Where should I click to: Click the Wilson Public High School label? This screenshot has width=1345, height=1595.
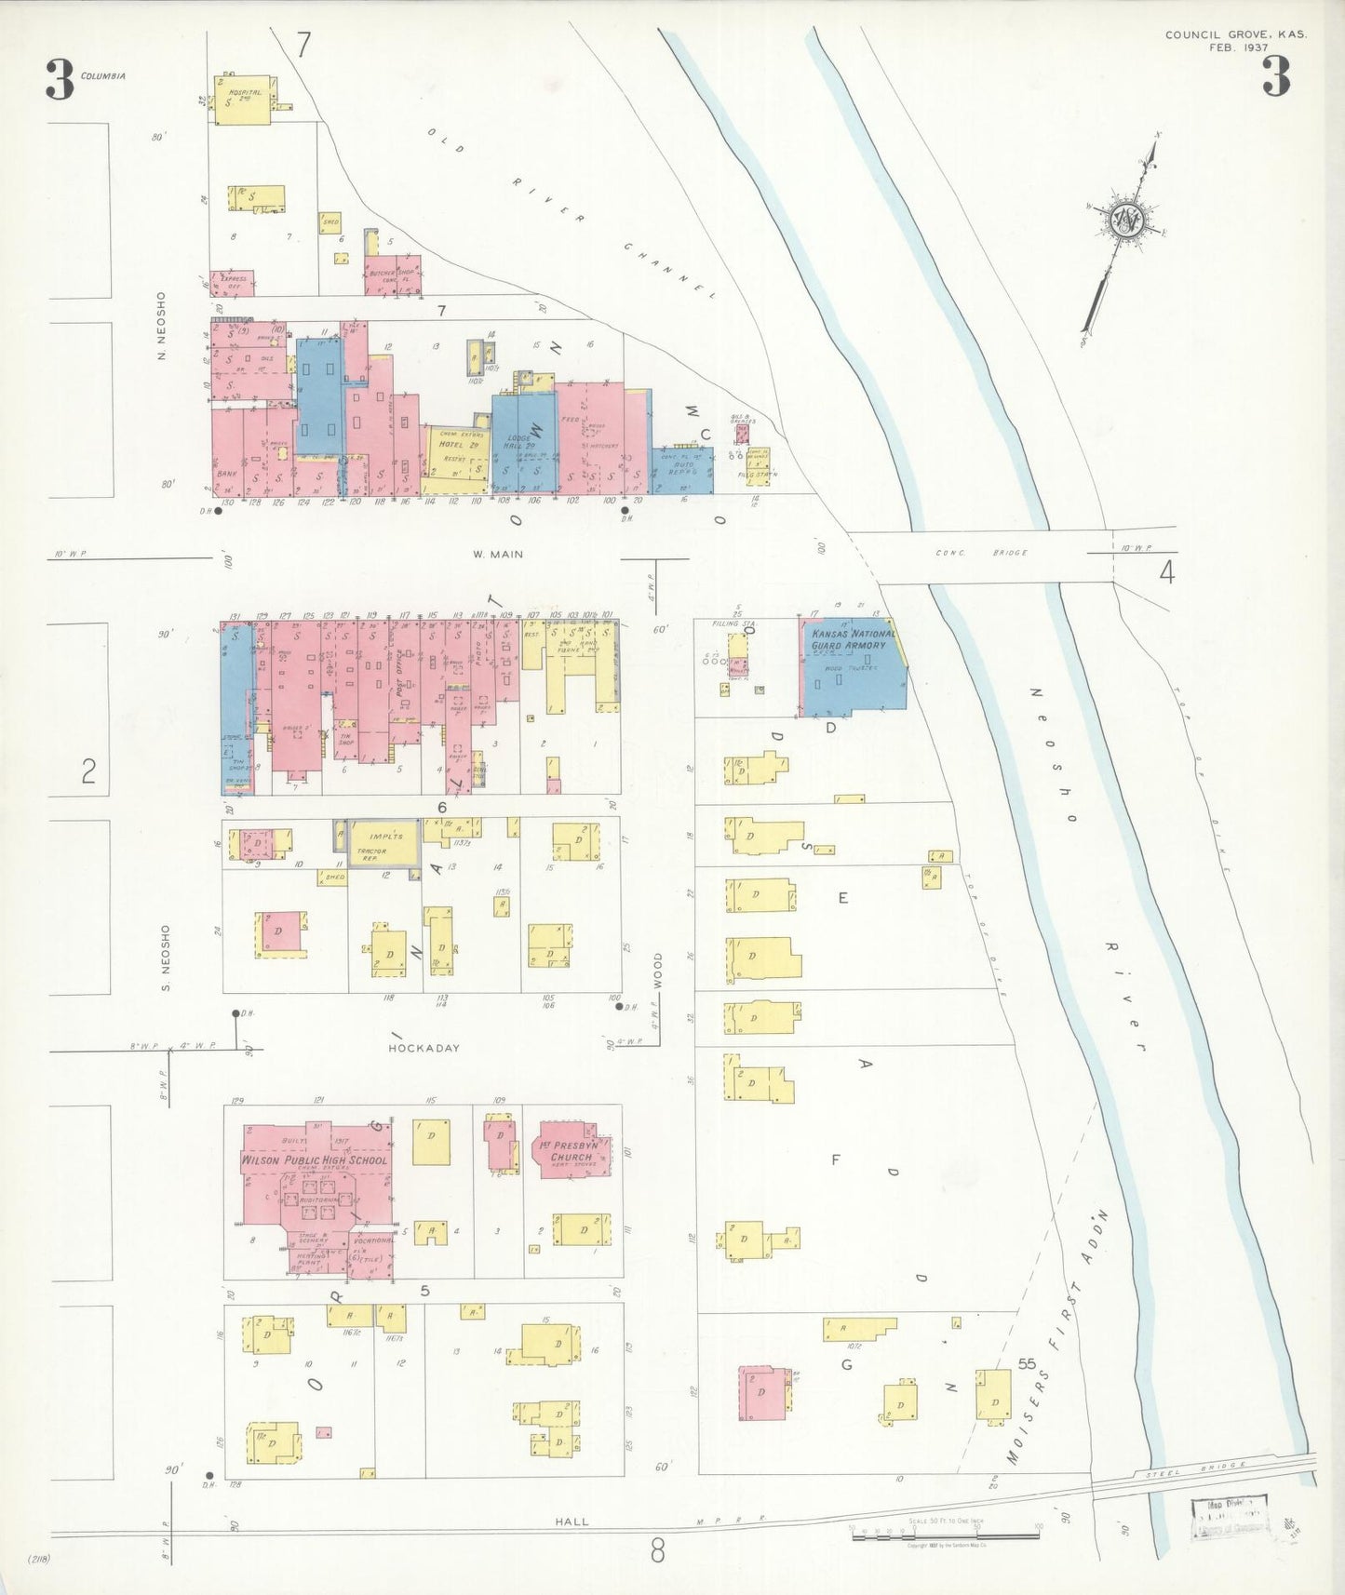pyautogui.click(x=314, y=1160)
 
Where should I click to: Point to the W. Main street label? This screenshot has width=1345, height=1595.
pyautogui.click(x=498, y=555)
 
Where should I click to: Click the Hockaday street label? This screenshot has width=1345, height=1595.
pyautogui.click(x=424, y=1048)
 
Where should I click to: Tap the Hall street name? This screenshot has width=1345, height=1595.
pyautogui.click(x=572, y=1521)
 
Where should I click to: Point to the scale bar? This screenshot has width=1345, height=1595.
pyautogui.click(x=945, y=1532)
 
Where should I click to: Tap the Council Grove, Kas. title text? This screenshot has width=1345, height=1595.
pyautogui.click(x=1235, y=35)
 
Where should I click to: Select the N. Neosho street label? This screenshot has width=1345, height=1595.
pyautogui.click(x=161, y=326)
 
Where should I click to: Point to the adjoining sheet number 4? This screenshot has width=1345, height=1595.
pyautogui.click(x=1166, y=573)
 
